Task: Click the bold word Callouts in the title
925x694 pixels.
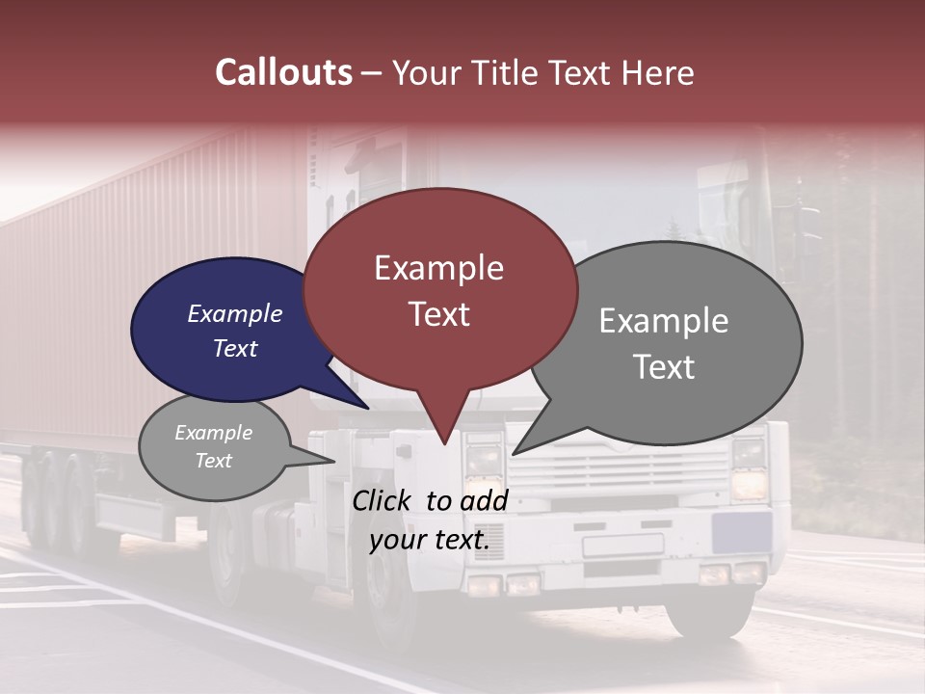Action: point(283,72)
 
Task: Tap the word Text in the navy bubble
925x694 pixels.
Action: point(235,348)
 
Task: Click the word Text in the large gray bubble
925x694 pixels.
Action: point(664,366)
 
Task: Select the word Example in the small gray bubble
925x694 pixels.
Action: point(213,433)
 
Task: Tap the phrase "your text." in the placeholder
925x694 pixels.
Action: point(429,540)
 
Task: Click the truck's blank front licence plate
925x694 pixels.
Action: point(622,546)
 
